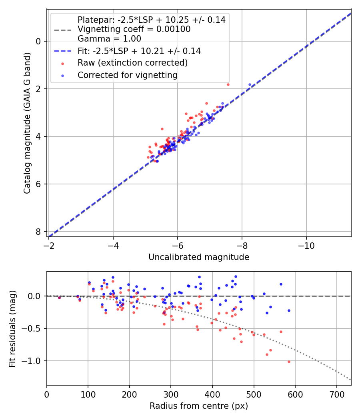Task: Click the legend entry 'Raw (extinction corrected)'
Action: coord(132,63)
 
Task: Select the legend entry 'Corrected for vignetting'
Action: coord(127,75)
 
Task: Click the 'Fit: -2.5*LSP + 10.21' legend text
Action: coord(139,51)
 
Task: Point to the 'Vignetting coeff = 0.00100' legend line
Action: coord(134,29)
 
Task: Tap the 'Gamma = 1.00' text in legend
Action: coord(109,39)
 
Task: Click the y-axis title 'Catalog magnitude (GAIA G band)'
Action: coord(27,122)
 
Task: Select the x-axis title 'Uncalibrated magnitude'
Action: coord(199,257)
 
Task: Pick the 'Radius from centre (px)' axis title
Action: coord(199,406)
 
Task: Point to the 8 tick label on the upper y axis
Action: coord(38,232)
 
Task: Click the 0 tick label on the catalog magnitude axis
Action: coord(38,41)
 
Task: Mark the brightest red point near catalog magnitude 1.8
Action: coord(228,84)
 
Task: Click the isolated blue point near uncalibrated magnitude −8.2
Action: coord(250,85)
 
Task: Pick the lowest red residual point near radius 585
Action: coord(289,362)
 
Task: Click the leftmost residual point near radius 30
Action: coord(59,298)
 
